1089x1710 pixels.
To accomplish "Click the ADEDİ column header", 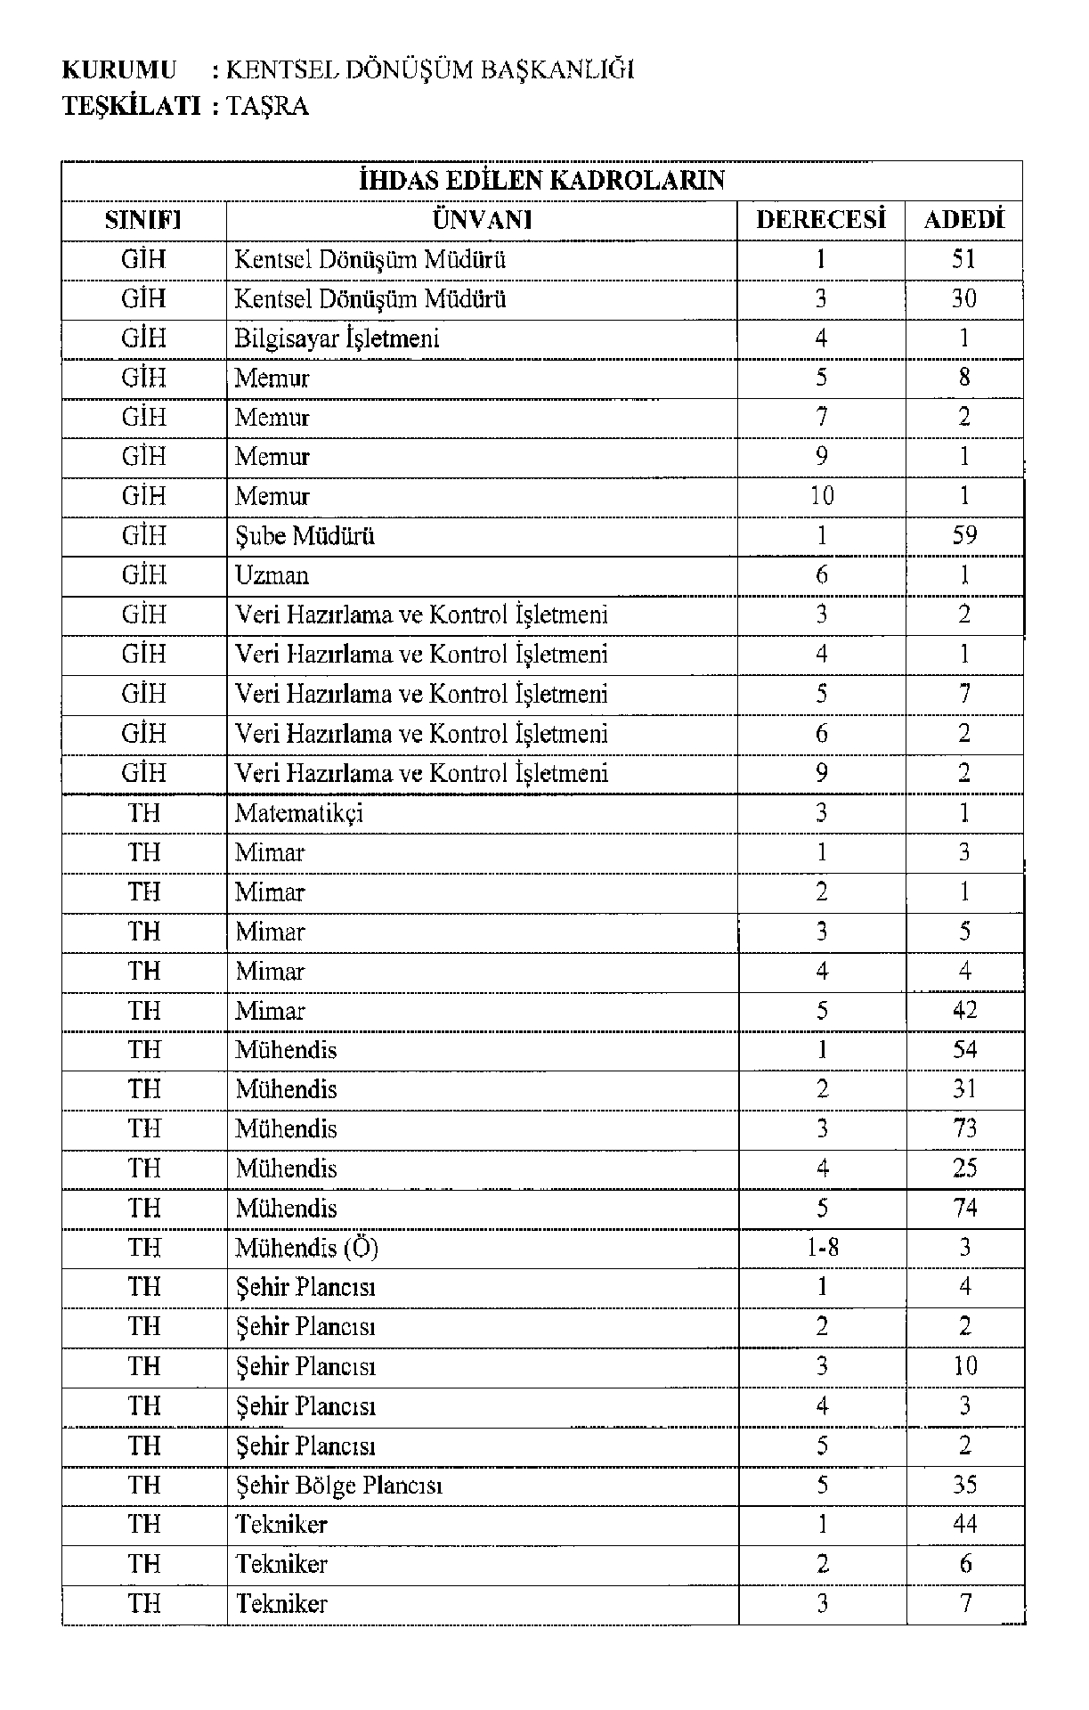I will (963, 220).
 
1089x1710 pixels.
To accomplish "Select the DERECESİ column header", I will (821, 220).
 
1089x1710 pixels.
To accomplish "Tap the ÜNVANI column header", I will (482, 220).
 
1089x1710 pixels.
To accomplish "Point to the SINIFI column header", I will (143, 220).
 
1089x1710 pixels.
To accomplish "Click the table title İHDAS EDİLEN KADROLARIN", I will (541, 181).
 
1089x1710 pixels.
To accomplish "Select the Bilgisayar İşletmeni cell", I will (337, 338).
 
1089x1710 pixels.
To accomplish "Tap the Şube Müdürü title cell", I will (305, 535).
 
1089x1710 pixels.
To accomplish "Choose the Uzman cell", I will (272, 575).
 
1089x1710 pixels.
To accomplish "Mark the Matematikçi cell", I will (299, 812).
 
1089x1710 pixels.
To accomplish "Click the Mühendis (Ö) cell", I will (306, 1247).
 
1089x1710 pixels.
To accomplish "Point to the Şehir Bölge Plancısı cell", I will (338, 1485).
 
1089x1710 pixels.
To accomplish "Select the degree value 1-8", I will (821, 1247).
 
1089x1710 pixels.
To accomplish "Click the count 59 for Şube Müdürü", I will (963, 535).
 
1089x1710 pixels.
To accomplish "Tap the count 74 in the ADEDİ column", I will (964, 1208).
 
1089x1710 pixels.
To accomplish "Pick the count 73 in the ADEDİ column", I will (964, 1128).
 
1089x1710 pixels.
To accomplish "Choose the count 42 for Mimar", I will (964, 1010).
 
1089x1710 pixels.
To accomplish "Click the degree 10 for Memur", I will (821, 496).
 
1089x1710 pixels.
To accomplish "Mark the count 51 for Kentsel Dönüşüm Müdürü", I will (963, 259).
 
